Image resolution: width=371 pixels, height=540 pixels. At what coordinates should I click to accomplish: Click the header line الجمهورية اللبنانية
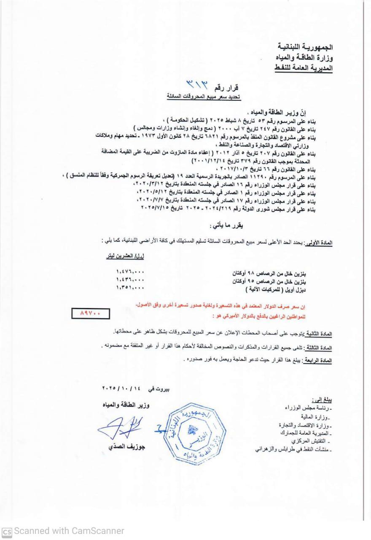click(x=306, y=45)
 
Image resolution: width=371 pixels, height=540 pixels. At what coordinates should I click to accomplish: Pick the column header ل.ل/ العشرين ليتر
click(x=125, y=256)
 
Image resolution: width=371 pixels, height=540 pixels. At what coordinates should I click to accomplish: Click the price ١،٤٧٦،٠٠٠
click(x=130, y=273)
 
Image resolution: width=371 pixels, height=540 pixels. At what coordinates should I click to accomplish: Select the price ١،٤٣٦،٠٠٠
click(x=130, y=280)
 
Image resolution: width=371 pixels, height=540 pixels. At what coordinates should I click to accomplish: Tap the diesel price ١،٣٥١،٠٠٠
click(x=130, y=288)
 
